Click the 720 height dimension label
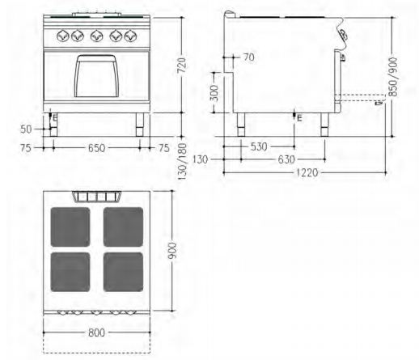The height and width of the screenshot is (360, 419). pyautogui.click(x=182, y=65)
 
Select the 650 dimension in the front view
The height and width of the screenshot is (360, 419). pyautogui.click(x=96, y=148)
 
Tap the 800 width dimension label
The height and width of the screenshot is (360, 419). pyautogui.click(x=96, y=332)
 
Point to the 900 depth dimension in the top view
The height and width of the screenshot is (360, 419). pyautogui.click(x=172, y=251)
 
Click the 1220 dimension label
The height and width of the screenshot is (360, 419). pyautogui.click(x=307, y=172)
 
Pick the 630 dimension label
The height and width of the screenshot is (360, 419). pyautogui.click(x=286, y=159)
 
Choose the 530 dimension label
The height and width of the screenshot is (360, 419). pyautogui.click(x=259, y=146)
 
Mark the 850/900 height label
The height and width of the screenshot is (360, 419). pyautogui.click(x=393, y=77)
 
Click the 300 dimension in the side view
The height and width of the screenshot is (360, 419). pyautogui.click(x=215, y=92)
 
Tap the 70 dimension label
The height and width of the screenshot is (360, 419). pyautogui.click(x=249, y=57)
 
